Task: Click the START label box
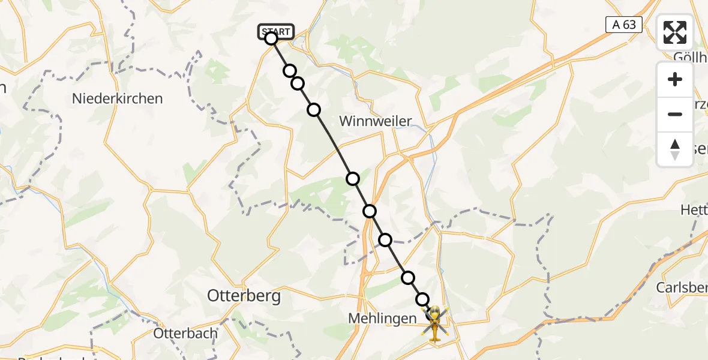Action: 276,31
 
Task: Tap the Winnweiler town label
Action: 376,121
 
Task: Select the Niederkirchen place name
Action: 117,98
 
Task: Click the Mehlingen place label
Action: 382,319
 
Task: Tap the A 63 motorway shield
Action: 624,25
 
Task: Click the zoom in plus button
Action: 675,80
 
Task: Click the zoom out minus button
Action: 675,114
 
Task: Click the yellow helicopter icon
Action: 434,322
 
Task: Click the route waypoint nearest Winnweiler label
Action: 314,110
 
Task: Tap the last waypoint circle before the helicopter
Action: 422,299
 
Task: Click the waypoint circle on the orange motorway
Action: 370,211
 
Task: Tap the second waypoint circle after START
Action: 298,83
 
